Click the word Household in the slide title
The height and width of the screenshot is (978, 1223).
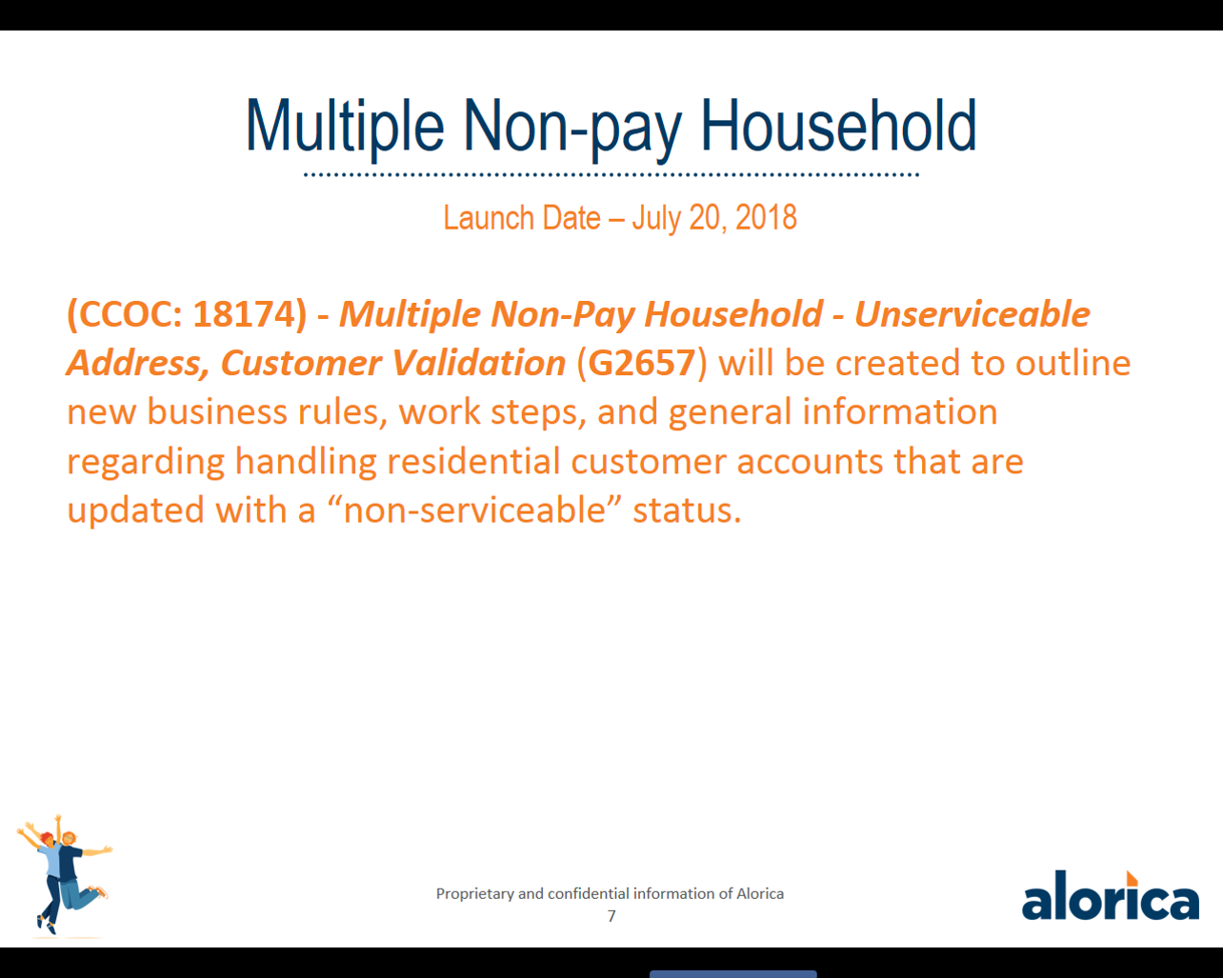[838, 125]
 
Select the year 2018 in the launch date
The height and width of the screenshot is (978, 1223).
[766, 218]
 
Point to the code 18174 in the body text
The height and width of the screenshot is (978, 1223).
[245, 314]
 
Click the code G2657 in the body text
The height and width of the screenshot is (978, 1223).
[641, 363]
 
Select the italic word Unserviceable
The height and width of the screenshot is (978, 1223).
[972, 313]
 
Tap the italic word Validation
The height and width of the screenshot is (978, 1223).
[478, 363]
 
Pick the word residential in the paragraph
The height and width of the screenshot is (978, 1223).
[473, 460]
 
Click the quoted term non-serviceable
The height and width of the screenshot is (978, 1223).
[474, 509]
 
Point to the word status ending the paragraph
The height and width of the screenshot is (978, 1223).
[687, 509]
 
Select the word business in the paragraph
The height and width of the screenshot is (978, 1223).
[216, 410]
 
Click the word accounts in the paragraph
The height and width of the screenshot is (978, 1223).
[810, 462]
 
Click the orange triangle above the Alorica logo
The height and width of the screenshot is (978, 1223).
[1132, 878]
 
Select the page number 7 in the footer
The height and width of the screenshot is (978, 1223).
[611, 917]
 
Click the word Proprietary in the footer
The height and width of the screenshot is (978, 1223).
[475, 894]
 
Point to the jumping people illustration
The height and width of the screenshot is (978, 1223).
[64, 874]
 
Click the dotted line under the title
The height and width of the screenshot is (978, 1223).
[611, 175]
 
